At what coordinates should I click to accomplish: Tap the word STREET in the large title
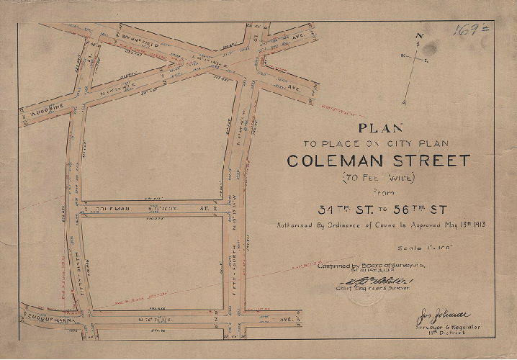428,161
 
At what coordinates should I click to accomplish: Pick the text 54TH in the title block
341,210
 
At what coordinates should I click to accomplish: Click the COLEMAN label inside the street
112,209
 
